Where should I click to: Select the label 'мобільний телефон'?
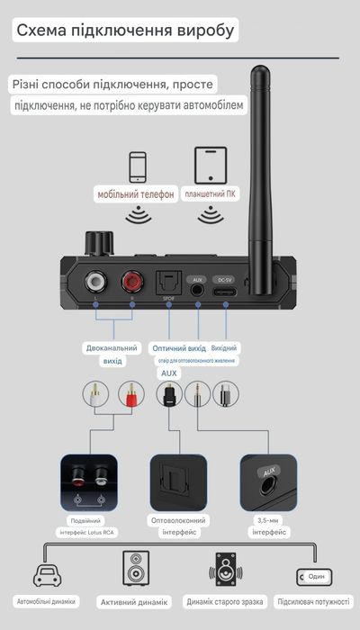pos(136,194)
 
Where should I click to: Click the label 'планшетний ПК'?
pos(211,194)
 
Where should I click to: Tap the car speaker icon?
pos(44,575)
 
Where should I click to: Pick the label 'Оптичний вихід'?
pos(179,347)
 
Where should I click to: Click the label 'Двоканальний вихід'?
pos(112,354)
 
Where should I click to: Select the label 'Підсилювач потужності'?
pos(312,601)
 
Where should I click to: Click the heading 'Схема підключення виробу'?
pos(127,31)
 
